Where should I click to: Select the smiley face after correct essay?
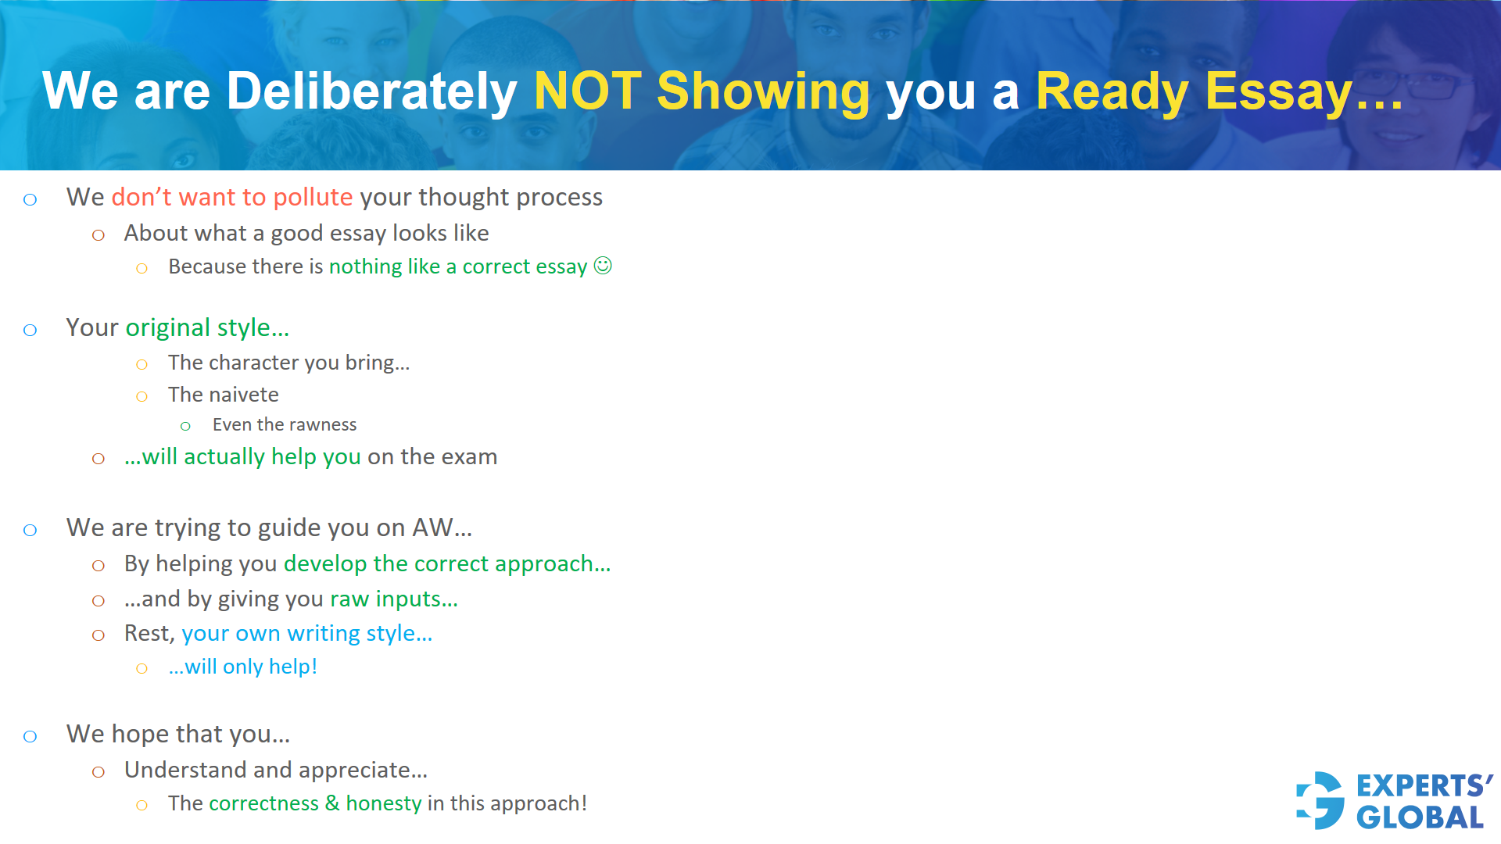603,266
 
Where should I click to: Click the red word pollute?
313,197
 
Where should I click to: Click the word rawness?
323,424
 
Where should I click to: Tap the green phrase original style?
206,327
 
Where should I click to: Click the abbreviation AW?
432,527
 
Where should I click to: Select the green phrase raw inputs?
392,599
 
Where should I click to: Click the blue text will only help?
243,667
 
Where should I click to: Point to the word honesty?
383,803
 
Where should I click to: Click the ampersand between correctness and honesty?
332,803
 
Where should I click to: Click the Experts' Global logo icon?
1320,800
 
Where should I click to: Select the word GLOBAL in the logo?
1420,817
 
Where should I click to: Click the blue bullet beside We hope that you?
30,736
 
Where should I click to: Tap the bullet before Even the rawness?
185,426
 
